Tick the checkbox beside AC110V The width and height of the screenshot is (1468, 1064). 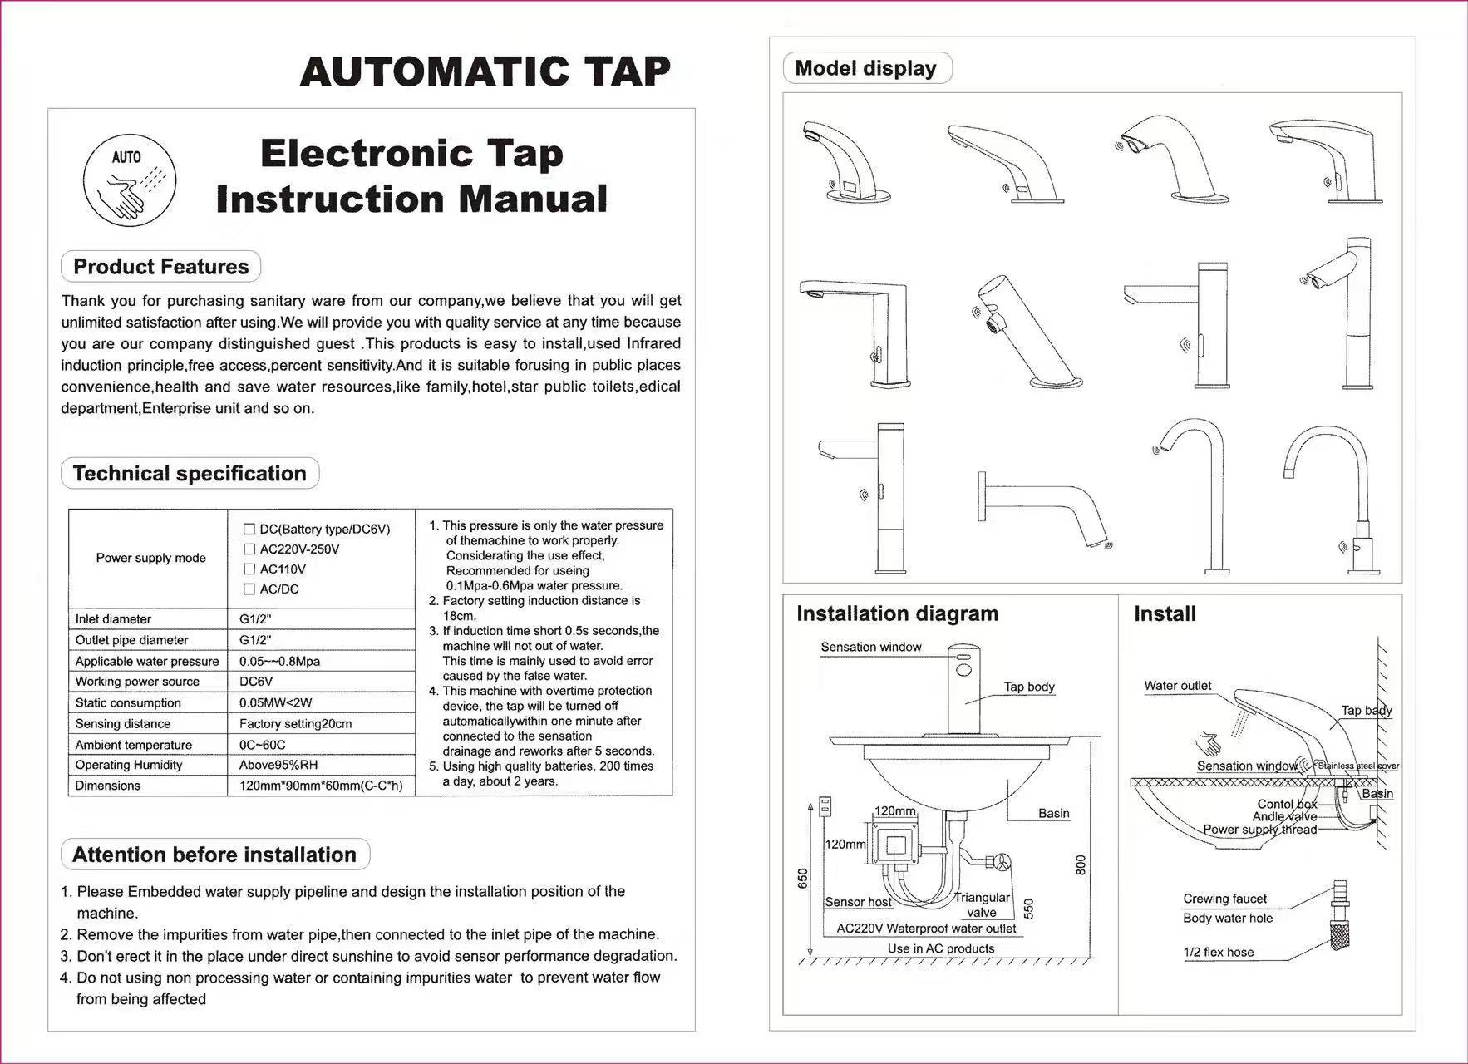249,569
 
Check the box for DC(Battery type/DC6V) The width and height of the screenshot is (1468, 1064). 249,529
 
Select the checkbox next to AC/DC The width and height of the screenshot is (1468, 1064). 249,589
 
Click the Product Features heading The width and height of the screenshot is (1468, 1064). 160,267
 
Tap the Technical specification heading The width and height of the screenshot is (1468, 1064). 190,474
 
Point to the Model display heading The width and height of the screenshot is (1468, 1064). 865,68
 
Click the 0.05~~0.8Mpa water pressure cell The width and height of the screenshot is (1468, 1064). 279,662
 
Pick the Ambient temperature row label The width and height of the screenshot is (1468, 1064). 133,745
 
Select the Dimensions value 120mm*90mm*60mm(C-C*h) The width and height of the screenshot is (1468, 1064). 321,786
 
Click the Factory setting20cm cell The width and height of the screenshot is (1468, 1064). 295,724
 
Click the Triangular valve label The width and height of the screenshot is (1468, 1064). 982,904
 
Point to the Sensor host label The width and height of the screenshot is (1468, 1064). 858,902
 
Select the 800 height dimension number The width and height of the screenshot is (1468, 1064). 1081,864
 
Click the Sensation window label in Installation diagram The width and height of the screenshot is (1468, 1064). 870,647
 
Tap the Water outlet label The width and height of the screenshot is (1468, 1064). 1177,686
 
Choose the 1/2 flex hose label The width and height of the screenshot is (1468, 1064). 1219,953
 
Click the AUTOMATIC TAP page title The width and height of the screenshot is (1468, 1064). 485,71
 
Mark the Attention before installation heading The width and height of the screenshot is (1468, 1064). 214,855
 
